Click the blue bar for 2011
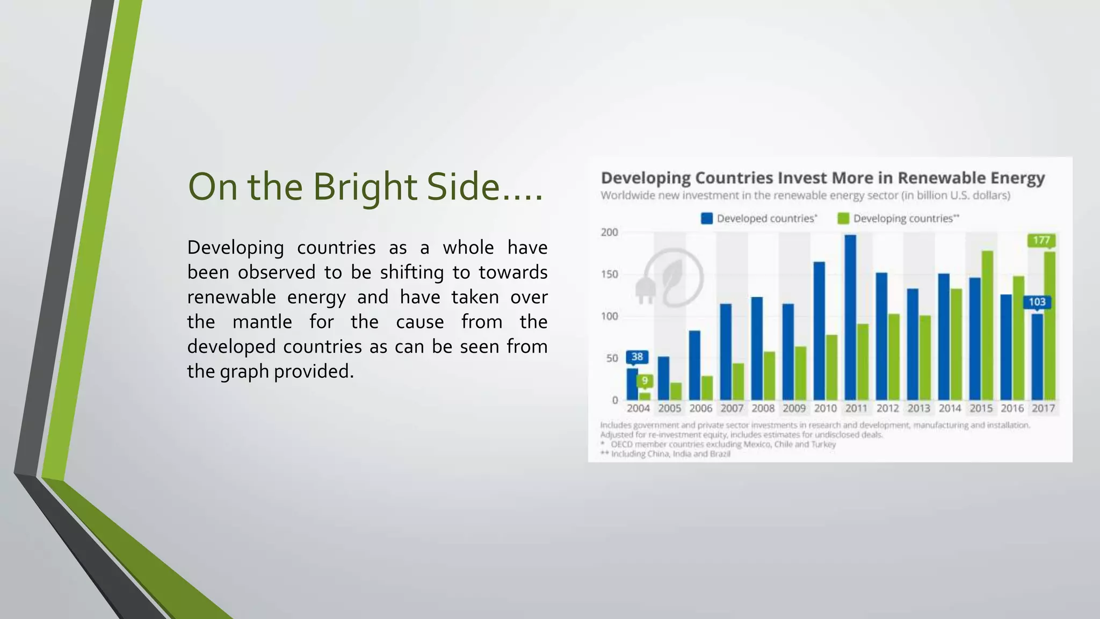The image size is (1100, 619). click(x=850, y=317)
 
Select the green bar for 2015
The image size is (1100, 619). click(x=987, y=325)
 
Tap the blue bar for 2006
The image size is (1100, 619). click(x=694, y=365)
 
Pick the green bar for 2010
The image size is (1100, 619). click(x=831, y=368)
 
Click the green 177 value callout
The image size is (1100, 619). click(x=1041, y=240)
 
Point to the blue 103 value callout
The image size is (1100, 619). click(x=1037, y=302)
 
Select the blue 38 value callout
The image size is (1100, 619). click(x=637, y=357)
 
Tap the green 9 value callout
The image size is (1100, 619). click(x=645, y=381)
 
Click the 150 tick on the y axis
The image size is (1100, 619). click(x=609, y=275)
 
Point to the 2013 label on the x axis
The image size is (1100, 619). click(x=918, y=408)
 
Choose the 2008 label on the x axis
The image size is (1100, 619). click(x=763, y=408)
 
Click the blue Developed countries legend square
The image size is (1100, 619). click(x=707, y=218)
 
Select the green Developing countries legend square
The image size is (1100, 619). click(x=843, y=218)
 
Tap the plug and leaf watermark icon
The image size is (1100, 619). click(x=671, y=278)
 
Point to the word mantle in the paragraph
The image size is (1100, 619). click(x=262, y=322)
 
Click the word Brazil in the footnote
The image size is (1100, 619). click(x=720, y=454)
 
